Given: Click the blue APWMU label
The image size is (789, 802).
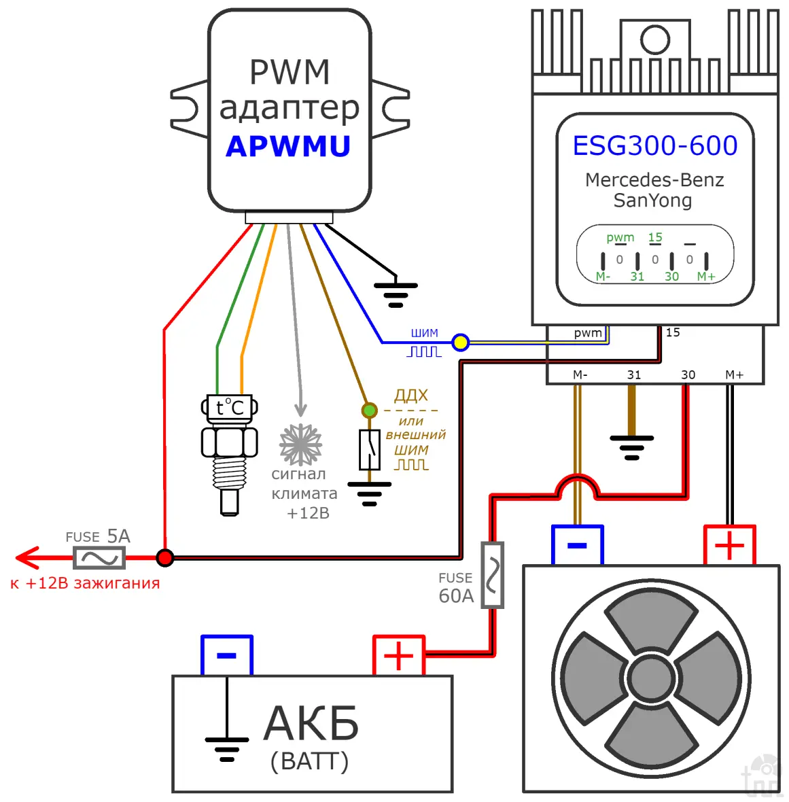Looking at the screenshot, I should click(x=288, y=146).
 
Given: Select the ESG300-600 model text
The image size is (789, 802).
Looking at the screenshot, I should click(x=654, y=145).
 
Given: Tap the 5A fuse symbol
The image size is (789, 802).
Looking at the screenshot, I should click(x=99, y=559).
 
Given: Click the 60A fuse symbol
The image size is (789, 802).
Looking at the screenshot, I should click(x=492, y=575).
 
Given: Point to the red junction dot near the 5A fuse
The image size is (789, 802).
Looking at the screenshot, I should click(x=164, y=558).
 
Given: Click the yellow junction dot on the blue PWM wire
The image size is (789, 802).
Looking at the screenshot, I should click(x=461, y=342).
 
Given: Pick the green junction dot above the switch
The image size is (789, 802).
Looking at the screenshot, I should click(x=369, y=410).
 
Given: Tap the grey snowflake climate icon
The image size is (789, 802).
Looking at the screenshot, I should click(x=300, y=444).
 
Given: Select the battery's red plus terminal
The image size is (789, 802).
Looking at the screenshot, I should click(x=399, y=655).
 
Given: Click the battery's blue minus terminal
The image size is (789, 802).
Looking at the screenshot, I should click(x=226, y=655).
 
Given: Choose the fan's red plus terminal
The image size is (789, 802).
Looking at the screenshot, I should click(x=729, y=545).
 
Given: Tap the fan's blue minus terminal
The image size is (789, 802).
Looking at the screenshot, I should click(x=577, y=545).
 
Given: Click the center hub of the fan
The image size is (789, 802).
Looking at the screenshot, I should click(x=652, y=678).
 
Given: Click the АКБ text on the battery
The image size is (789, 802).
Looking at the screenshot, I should click(x=311, y=723).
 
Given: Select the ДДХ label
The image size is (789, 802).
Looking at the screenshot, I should click(x=411, y=396).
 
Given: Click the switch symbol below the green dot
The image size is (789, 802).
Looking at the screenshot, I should click(x=369, y=449).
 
